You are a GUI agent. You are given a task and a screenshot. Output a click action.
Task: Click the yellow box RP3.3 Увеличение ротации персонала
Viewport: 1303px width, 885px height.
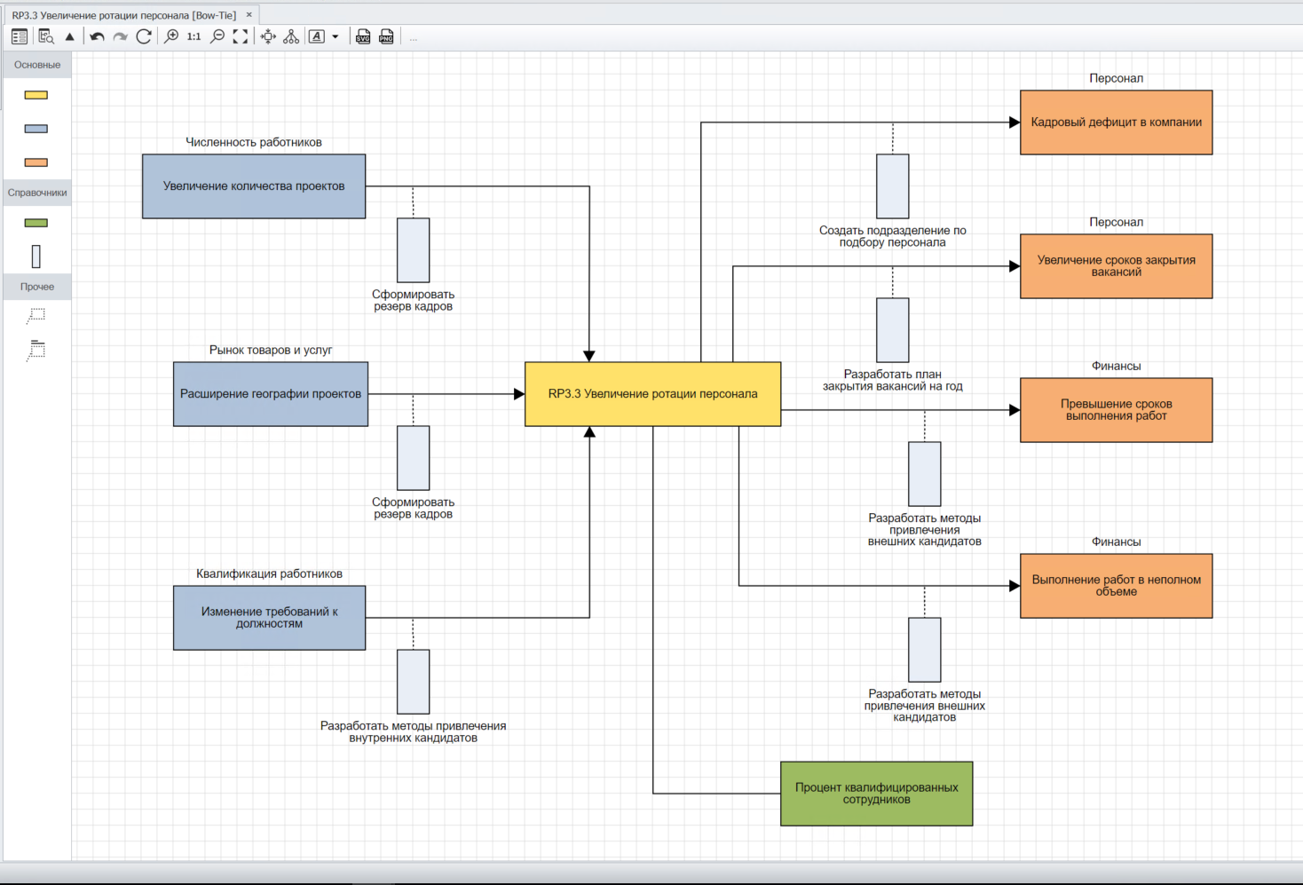click(x=652, y=394)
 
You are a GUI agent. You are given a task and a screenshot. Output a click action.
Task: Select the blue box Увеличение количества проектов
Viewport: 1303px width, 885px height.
click(x=254, y=186)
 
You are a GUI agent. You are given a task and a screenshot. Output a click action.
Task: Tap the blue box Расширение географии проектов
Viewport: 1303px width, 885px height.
click(x=271, y=394)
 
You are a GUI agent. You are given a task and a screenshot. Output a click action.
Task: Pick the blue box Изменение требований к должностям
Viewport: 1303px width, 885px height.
click(x=269, y=618)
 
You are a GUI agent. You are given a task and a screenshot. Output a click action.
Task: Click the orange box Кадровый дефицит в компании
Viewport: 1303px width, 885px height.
click(x=1116, y=122)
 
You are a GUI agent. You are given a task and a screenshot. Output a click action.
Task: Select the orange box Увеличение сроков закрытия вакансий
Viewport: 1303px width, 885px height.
click(x=1116, y=266)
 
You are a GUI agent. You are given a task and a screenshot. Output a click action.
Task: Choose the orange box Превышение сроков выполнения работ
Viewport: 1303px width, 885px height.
click(x=1116, y=410)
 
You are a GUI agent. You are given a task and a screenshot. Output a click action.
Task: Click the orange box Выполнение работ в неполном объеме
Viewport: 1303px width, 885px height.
click(x=1116, y=586)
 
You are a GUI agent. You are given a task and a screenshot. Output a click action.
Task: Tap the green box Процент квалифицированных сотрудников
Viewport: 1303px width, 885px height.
click(x=876, y=794)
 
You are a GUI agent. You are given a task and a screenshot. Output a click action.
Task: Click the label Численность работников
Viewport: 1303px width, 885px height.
click(x=254, y=142)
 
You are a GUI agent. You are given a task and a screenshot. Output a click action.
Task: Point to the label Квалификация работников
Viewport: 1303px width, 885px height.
click(x=269, y=573)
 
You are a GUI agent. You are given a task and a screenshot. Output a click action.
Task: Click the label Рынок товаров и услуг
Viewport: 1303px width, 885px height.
click(x=271, y=350)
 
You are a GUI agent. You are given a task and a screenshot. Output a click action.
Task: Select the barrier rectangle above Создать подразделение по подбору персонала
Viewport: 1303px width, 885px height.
click(x=892, y=186)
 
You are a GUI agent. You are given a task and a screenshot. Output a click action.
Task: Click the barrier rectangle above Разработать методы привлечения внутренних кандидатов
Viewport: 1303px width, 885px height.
click(x=413, y=682)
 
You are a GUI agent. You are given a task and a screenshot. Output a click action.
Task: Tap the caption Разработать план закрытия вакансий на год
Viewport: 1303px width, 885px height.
click(x=892, y=380)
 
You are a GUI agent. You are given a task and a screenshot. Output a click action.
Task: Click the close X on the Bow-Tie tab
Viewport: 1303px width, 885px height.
click(x=249, y=15)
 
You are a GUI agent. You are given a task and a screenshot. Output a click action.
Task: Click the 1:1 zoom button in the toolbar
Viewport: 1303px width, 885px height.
click(x=193, y=36)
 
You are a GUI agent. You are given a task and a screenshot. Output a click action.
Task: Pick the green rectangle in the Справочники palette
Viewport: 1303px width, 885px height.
click(x=36, y=223)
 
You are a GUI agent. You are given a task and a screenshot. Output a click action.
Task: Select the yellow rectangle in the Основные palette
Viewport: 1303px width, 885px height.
click(x=36, y=95)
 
